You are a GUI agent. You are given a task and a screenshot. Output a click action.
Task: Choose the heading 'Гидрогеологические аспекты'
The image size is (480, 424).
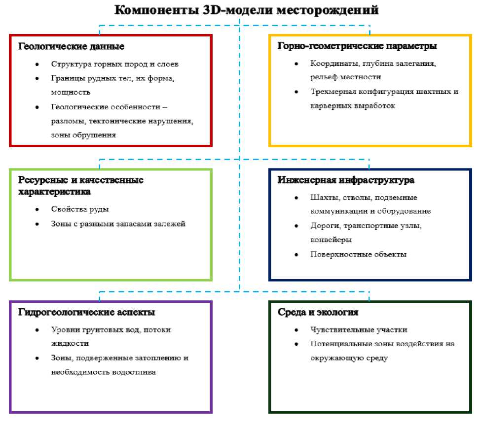coord(87,312)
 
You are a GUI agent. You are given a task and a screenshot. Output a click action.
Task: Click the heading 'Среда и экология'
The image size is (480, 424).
coord(318,312)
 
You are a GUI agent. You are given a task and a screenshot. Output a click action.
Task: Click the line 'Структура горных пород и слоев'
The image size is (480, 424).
coord(114,64)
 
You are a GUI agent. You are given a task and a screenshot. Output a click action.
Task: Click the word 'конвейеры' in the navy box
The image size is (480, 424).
coord(331,240)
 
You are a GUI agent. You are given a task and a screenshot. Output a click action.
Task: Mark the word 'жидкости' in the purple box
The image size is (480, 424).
coord(70,343)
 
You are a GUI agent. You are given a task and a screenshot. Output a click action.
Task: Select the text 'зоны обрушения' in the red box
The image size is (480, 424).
coord(83,135)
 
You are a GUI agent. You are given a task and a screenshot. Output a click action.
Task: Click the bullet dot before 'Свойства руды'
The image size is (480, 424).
coord(37,210)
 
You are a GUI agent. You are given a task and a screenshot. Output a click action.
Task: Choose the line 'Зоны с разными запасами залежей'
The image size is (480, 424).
coord(118,224)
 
